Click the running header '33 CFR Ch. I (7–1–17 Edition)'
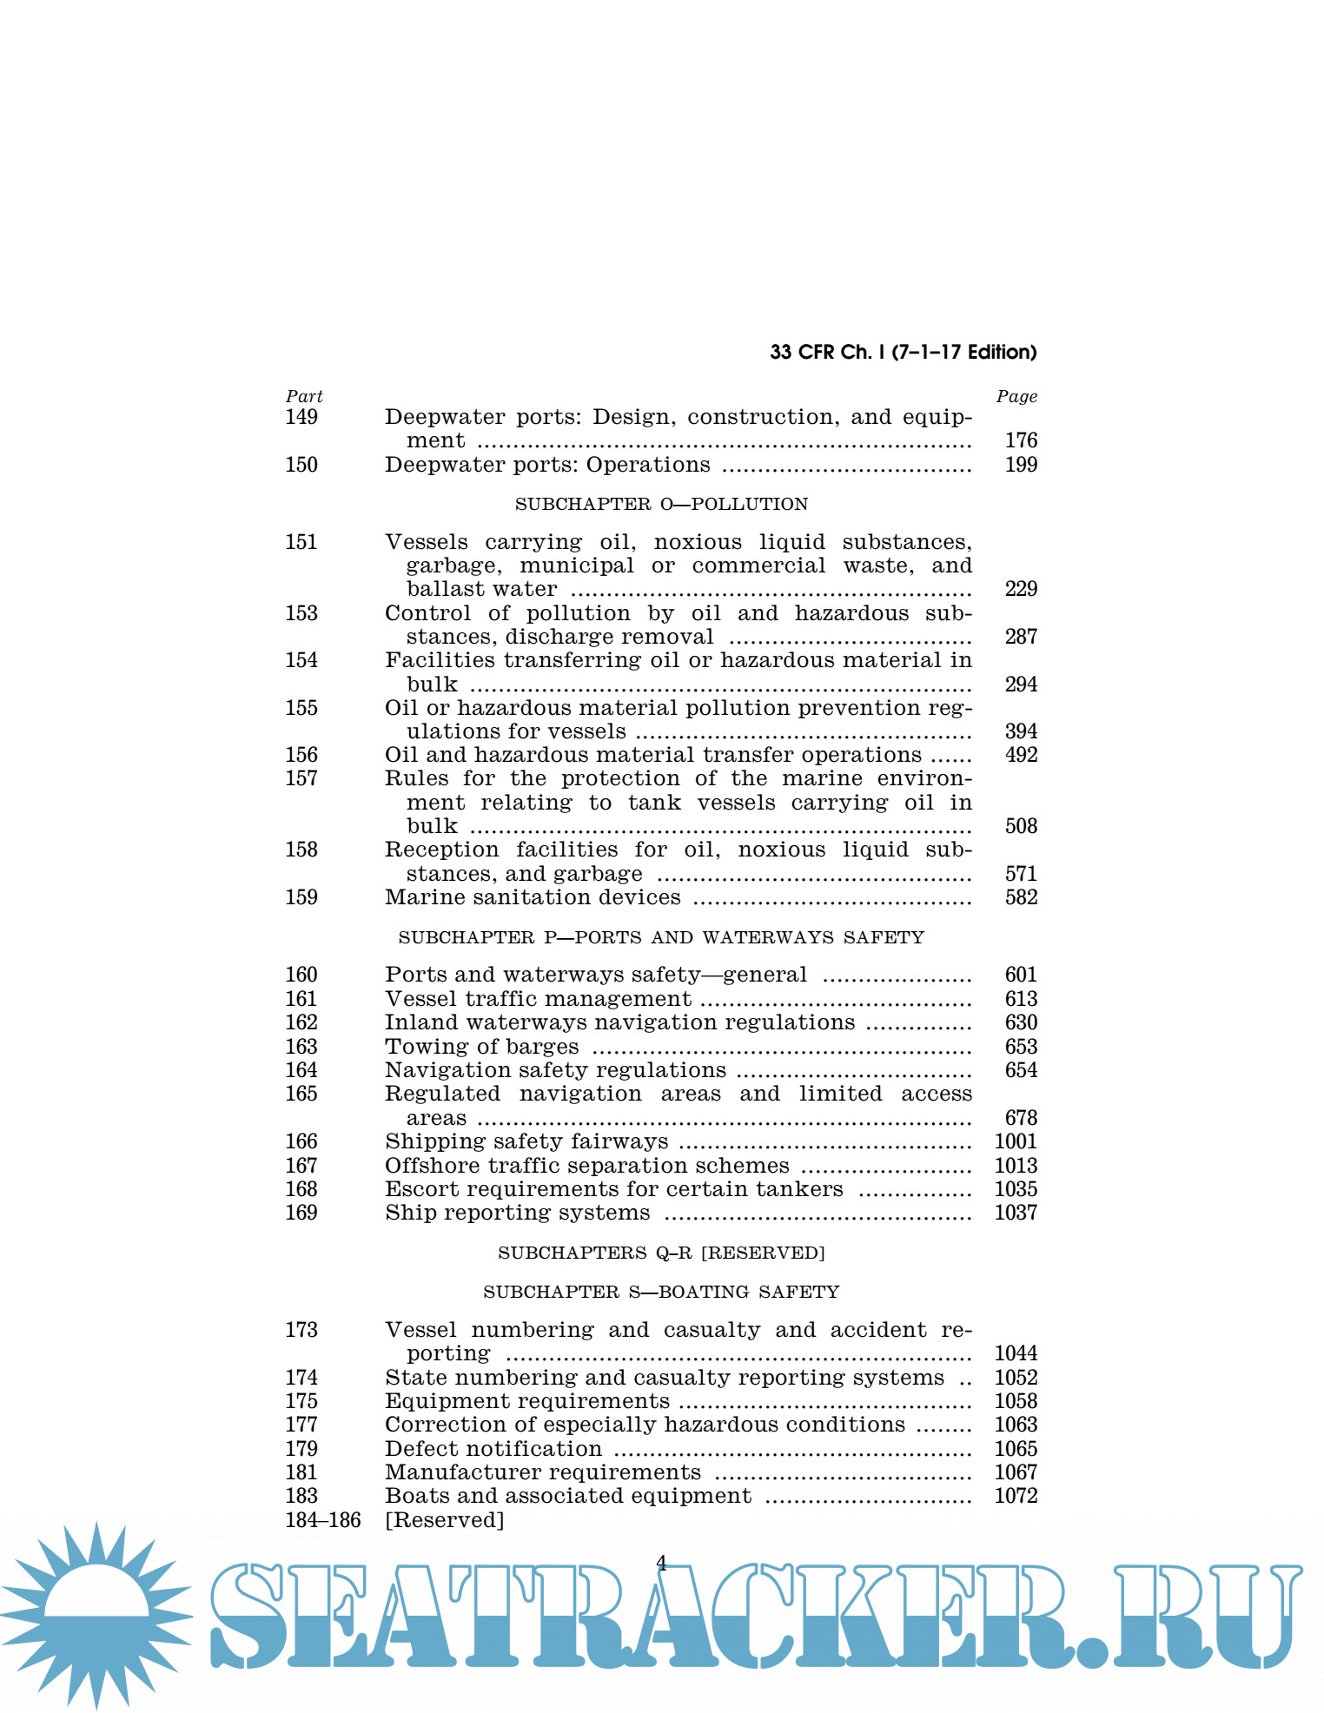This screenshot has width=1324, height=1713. [x=903, y=352]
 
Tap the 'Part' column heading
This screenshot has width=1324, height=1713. [x=304, y=396]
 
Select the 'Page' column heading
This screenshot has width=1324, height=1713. [x=1016, y=396]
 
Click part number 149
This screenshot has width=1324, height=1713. [x=301, y=417]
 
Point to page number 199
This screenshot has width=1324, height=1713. [x=1021, y=465]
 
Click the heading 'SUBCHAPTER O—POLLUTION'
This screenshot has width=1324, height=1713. [x=661, y=504]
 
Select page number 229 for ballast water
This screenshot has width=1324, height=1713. [x=1021, y=589]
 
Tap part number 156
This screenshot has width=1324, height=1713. [x=301, y=755]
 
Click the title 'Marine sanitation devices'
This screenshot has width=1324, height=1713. [x=533, y=897]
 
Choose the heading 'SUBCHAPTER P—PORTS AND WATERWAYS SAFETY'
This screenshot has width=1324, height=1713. [x=661, y=937]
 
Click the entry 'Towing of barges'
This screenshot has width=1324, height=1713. [x=482, y=1047]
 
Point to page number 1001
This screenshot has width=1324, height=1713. [x=1016, y=1141]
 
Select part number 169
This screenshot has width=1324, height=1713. [x=301, y=1213]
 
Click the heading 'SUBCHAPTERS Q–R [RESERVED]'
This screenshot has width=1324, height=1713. [x=661, y=1253]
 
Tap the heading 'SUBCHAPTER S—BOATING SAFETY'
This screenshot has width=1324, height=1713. [x=661, y=1292]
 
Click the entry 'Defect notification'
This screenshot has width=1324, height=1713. [x=493, y=1449]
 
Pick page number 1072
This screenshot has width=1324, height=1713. [x=1016, y=1496]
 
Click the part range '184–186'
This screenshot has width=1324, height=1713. [x=323, y=1520]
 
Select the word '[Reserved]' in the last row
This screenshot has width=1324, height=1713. [x=445, y=1520]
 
